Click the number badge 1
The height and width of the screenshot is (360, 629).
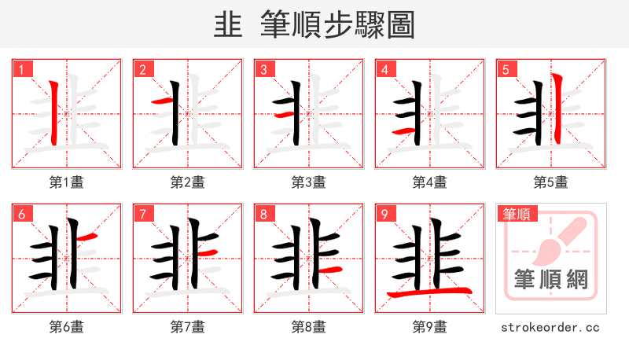coord(21,69)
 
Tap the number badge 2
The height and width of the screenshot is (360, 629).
coord(142,69)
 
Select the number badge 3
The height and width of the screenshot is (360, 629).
coord(263,69)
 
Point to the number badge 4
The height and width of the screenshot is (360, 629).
coord(384,69)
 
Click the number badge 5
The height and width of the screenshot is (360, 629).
coord(506,69)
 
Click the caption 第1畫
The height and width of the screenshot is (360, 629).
coord(67,182)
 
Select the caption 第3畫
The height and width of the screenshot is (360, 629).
coord(309,182)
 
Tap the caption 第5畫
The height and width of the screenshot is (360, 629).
coord(551,182)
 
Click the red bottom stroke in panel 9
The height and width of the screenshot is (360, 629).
coord(429,293)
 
